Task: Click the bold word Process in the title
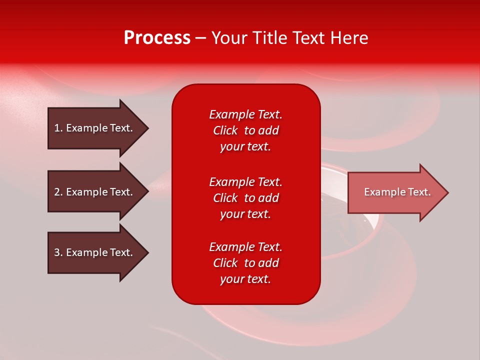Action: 157,38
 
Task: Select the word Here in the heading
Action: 349,38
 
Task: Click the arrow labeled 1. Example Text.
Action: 95,128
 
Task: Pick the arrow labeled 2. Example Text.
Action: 95,192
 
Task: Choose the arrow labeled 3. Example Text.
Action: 95,252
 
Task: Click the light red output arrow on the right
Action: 395,192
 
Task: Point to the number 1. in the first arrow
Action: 58,128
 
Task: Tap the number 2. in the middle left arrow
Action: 58,192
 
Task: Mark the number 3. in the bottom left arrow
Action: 58,252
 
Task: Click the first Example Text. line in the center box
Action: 245,114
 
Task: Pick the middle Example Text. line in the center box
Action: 245,182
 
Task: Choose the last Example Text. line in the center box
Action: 245,247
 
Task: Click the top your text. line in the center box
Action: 245,147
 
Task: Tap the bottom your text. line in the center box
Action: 245,279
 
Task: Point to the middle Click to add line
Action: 245,198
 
